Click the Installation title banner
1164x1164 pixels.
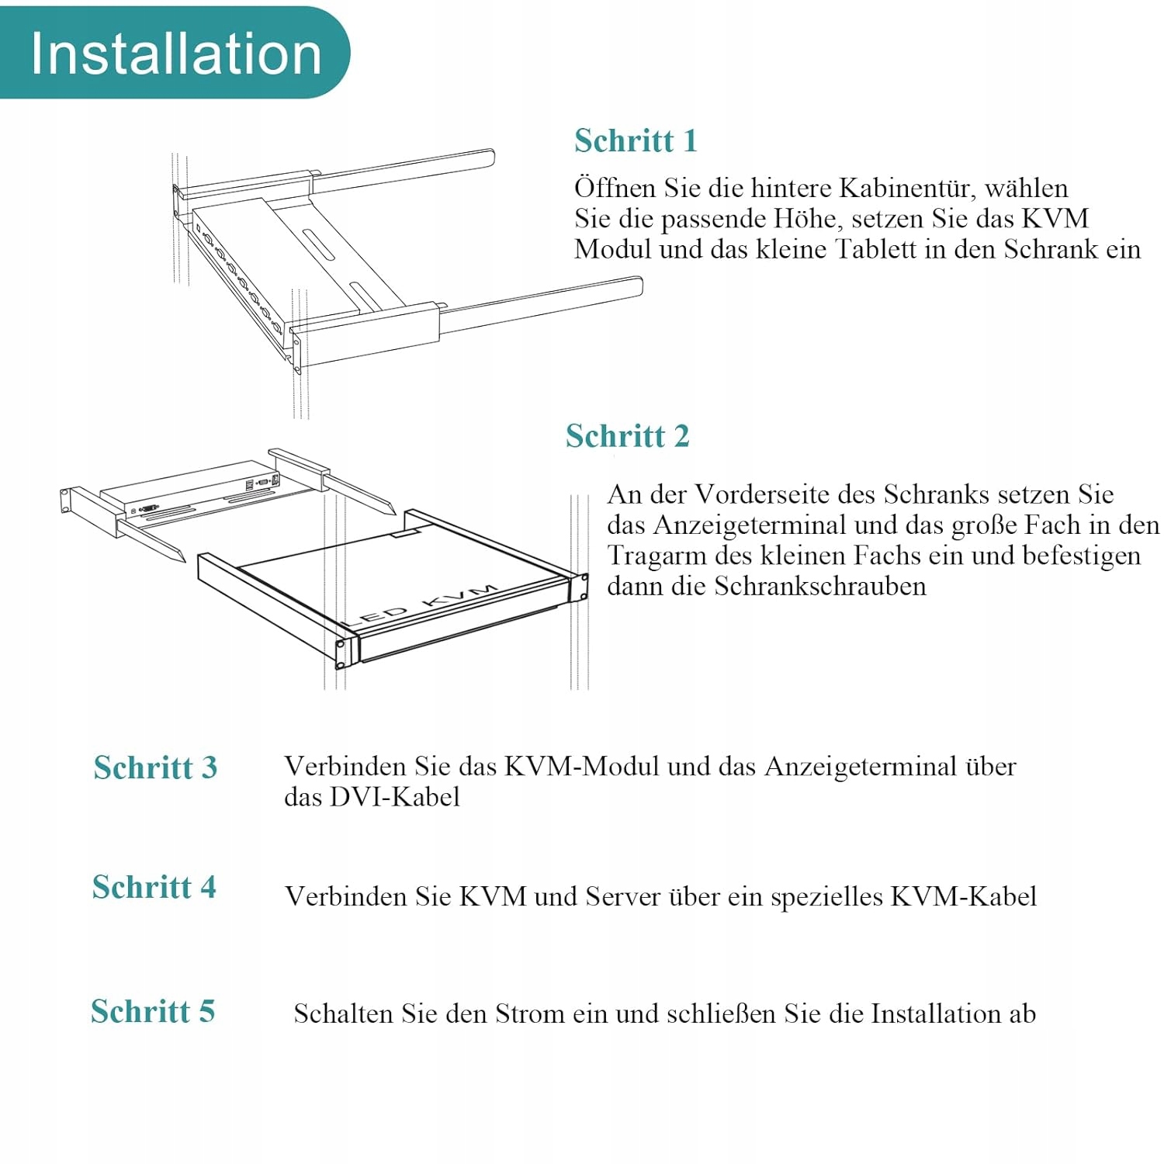pos(175,53)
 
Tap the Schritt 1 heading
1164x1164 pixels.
pos(636,140)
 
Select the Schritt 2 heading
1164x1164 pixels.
pos(627,436)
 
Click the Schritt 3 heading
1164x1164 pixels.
pos(155,767)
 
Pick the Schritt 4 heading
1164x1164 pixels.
pos(154,887)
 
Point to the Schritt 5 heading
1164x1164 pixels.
pos(153,1011)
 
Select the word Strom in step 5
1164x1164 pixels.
pos(529,1013)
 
